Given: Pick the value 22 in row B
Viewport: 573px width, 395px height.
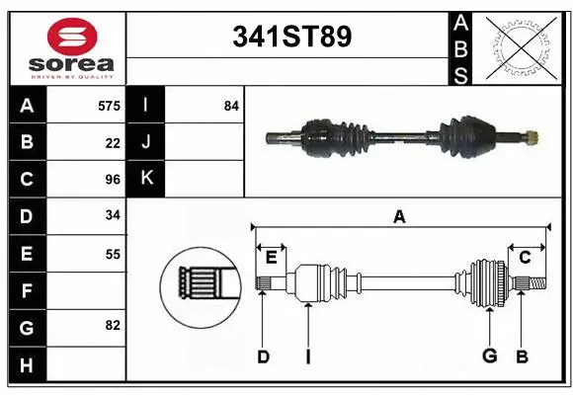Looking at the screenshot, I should pos(112,142).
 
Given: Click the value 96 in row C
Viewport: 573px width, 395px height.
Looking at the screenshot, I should pos(112,180).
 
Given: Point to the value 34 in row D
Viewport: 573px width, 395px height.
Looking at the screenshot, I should pos(112,216).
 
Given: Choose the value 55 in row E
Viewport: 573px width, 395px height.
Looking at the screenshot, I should pos(112,254).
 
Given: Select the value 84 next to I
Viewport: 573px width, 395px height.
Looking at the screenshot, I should pos(231,105).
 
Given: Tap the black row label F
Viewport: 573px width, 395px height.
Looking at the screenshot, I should pos(26,291).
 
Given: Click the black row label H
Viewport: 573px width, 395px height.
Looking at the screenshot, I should pos(26,365).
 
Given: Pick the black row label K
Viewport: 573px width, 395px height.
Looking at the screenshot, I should pos(146,179).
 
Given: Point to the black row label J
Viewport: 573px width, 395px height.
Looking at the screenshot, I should pos(146,142).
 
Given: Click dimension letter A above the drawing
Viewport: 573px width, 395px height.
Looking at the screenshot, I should pos(399,217).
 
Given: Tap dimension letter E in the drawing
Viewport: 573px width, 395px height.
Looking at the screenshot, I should pos(271,259).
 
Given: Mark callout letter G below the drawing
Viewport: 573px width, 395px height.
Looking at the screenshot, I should pos(488,356).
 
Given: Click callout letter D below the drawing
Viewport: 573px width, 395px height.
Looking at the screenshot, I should pos(263,356).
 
